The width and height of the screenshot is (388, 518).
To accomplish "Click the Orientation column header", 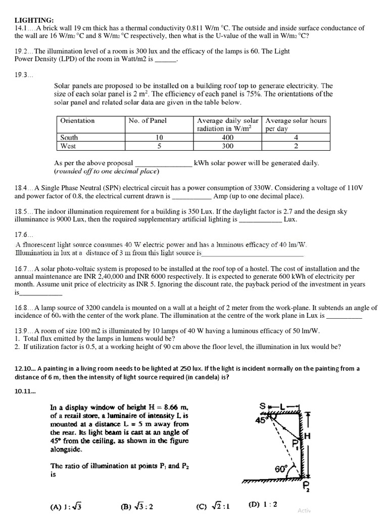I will click(x=77, y=120).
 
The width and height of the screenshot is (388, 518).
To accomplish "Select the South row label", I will click(x=69, y=138).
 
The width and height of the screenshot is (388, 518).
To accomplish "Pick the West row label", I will click(x=68, y=146).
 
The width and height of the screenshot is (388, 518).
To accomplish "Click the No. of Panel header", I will click(x=148, y=120).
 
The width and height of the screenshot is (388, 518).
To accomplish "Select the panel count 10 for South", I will click(x=159, y=138).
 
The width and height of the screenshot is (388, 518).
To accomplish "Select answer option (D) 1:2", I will click(x=263, y=504).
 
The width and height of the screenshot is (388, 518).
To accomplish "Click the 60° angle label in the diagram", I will click(x=281, y=469).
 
